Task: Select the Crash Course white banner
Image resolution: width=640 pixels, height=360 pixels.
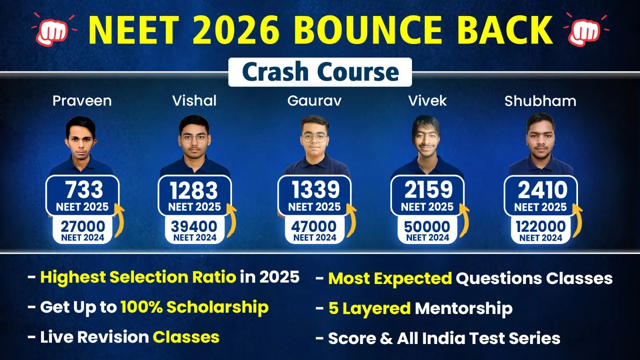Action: coord(320,72)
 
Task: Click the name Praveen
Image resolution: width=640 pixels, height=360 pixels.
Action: coord(82,101)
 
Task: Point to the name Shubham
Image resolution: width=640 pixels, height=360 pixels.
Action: coord(540,101)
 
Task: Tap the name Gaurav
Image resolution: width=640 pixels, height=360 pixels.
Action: coord(314,101)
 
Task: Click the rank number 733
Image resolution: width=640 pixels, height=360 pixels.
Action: coord(84,190)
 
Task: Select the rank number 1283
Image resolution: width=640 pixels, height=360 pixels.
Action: coord(194,190)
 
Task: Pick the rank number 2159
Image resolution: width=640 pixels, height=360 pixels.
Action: coord(428,190)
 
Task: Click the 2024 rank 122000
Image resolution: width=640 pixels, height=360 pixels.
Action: coord(540,227)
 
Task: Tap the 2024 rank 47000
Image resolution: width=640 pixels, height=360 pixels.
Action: coord(314,227)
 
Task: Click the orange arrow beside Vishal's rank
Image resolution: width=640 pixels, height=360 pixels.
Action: coord(232,220)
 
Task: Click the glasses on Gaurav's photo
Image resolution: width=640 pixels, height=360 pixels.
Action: coord(314,138)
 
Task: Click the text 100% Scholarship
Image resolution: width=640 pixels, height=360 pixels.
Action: coord(194,308)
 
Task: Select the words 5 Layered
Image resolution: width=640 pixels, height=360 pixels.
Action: coord(370,308)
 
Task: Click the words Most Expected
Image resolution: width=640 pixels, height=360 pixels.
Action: coord(390,278)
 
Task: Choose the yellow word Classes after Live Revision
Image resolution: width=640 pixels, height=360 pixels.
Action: coord(186,337)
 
